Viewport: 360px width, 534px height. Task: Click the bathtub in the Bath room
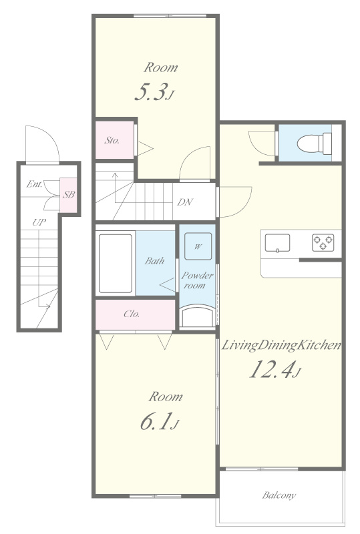(116, 262)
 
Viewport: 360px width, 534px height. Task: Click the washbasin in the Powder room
(198, 314)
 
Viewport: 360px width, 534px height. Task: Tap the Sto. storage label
(112, 141)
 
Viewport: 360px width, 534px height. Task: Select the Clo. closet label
(132, 314)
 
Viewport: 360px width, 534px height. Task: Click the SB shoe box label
(68, 195)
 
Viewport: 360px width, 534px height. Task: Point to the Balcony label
(279, 495)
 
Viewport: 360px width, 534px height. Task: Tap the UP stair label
(40, 222)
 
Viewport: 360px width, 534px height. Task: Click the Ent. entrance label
(35, 184)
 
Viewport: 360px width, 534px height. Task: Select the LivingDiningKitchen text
(282, 345)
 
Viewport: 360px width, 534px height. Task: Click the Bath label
(154, 261)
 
